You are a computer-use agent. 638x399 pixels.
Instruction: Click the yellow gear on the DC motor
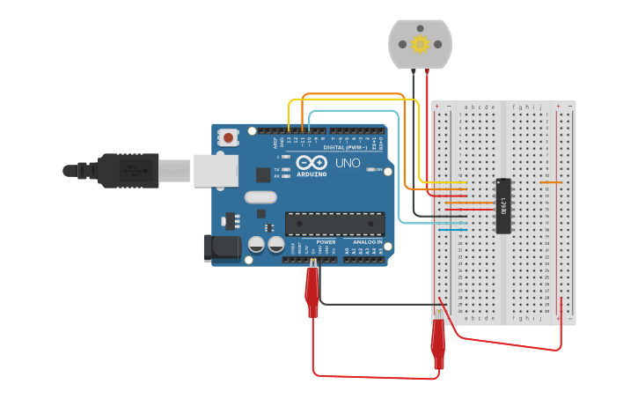420,44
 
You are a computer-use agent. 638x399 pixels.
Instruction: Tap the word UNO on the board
348,163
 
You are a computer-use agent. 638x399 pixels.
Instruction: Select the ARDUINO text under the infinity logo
312,174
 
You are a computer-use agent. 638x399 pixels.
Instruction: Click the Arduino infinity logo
312,163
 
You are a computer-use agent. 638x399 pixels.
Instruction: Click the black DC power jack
221,248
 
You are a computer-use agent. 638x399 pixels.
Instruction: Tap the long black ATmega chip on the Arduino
334,225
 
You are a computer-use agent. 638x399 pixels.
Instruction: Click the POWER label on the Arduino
326,241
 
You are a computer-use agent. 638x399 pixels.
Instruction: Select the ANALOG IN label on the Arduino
367,241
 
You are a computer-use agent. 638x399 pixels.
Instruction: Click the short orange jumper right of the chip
550,182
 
